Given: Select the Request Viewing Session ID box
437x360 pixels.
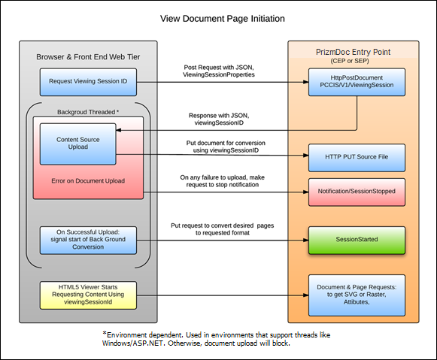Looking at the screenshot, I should [x=88, y=80].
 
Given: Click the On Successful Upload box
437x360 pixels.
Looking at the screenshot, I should [x=88, y=240].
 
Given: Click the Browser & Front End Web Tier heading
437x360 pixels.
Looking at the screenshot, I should [x=88, y=57].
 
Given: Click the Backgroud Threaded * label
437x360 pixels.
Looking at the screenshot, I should [x=88, y=111].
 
